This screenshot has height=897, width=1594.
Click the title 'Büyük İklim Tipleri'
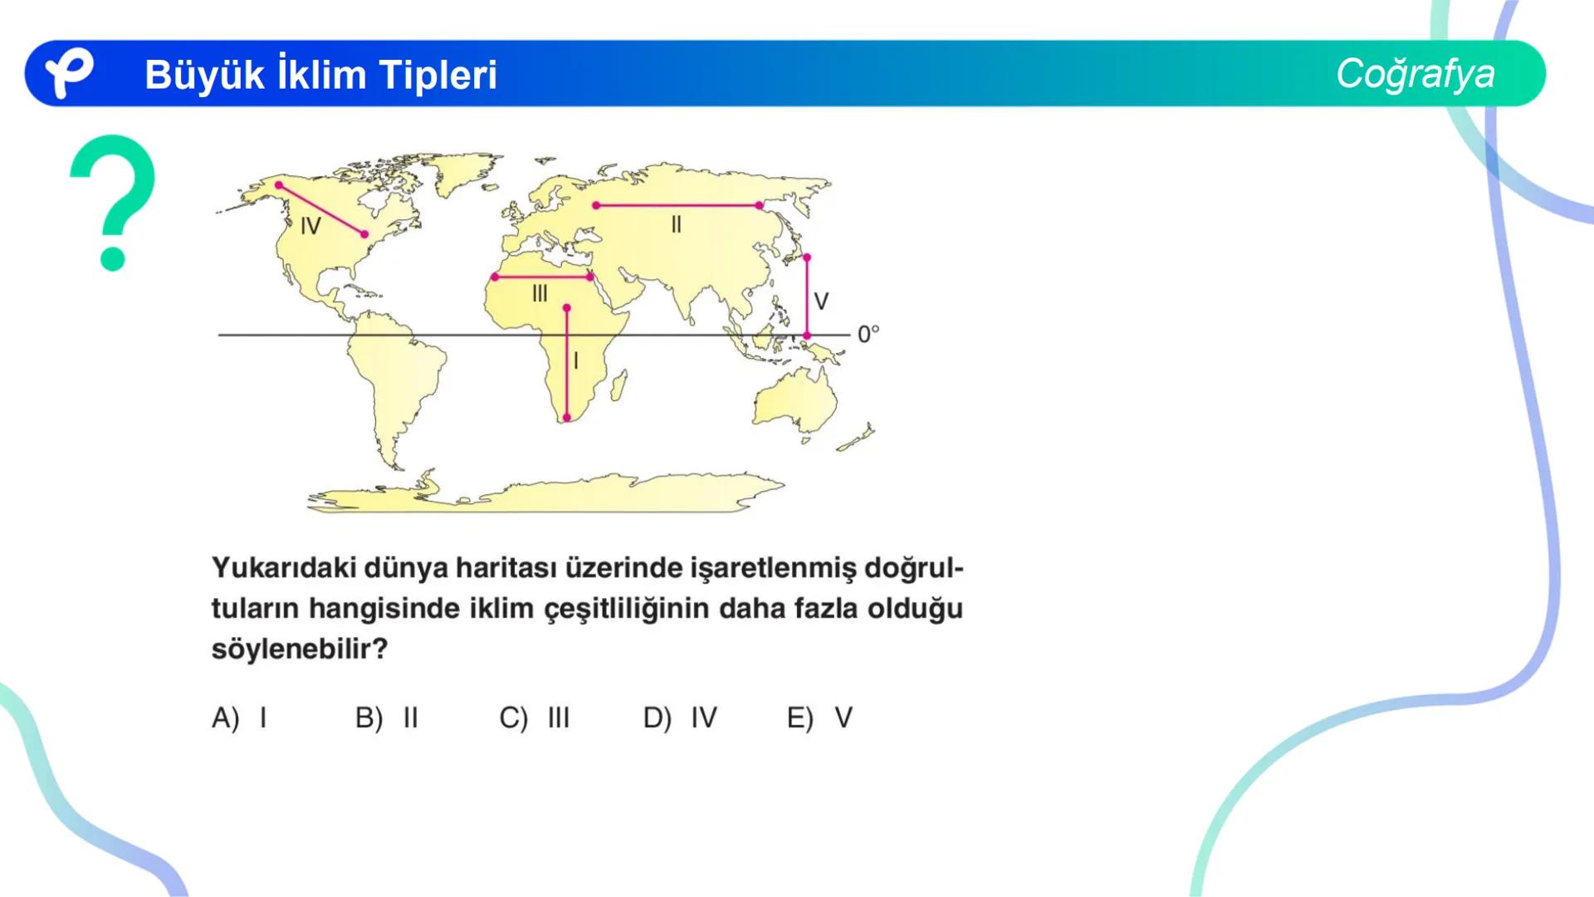320,75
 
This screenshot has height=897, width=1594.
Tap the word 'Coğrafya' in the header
1415,74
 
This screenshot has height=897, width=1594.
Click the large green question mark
113,202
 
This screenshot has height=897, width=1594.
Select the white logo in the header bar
68,73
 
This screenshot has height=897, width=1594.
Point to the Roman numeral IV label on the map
310,226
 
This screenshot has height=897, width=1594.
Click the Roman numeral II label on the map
676,224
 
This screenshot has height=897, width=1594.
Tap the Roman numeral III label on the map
540,293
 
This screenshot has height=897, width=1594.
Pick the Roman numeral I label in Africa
576,360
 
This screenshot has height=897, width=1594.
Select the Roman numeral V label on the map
821,301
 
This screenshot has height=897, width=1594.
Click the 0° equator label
868,334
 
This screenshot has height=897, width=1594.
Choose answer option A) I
240,718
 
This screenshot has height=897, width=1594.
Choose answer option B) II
387,718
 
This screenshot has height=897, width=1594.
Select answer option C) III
535,718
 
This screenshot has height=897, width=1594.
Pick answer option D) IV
680,718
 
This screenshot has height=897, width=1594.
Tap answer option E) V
820,718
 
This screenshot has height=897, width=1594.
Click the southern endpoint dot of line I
567,418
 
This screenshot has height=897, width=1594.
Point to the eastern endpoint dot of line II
759,205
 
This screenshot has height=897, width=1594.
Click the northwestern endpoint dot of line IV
279,185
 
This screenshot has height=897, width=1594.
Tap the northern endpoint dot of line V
807,258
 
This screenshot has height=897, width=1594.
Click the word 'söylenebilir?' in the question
300,649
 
